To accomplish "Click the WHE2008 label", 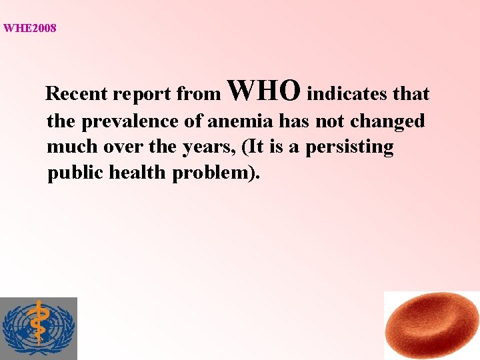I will click(x=30, y=28).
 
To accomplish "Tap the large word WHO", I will click(x=264, y=89).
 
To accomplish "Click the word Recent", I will click(x=77, y=94).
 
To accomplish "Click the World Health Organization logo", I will click(x=39, y=329).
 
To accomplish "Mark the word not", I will click(x=323, y=121).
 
